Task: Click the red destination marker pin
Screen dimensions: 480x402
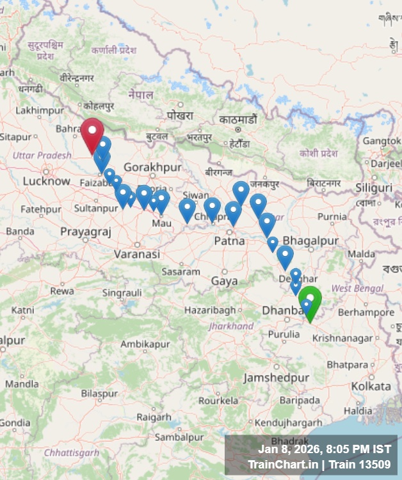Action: [92, 132]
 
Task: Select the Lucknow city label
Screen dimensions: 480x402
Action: [46, 181]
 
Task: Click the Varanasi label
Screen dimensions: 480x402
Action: [137, 254]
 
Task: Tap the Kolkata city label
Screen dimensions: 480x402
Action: [371, 387]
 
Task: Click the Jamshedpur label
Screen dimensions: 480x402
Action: [276, 378]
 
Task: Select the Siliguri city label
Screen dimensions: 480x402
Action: [374, 188]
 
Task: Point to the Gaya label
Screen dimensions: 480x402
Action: [224, 281]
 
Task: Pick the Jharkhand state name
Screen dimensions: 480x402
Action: [231, 326]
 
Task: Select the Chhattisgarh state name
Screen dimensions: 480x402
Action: [72, 452]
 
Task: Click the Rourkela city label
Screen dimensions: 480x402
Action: [218, 401]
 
